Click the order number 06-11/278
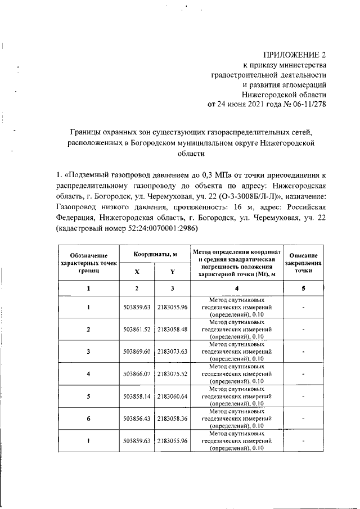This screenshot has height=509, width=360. (303, 104)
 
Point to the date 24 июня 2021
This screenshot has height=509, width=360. (244, 104)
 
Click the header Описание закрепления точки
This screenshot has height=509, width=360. (303, 262)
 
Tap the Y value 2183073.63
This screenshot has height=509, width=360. (172, 351)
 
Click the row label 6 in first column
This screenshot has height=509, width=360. (88, 418)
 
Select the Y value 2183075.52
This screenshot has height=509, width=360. (172, 373)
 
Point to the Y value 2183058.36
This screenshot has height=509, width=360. (172, 418)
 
